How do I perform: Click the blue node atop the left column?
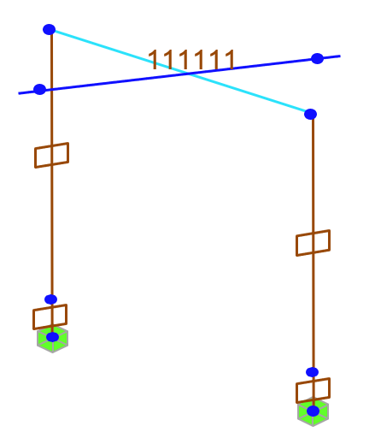coord(49,29)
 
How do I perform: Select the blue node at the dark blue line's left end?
coord(39,89)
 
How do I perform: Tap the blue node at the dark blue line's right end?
coord(317,58)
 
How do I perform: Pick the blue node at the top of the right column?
coord(310,114)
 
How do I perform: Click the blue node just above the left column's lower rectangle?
coord(50,299)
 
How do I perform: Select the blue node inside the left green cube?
coord(52,337)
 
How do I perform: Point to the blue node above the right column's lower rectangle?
coord(312,372)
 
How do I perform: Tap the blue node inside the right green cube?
coord(313,411)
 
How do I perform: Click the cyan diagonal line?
coord(179,71)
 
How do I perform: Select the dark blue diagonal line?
coord(179,74)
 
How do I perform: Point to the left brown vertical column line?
coord(52,182)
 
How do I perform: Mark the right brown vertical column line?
coord(313,263)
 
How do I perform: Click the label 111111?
coord(191,60)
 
